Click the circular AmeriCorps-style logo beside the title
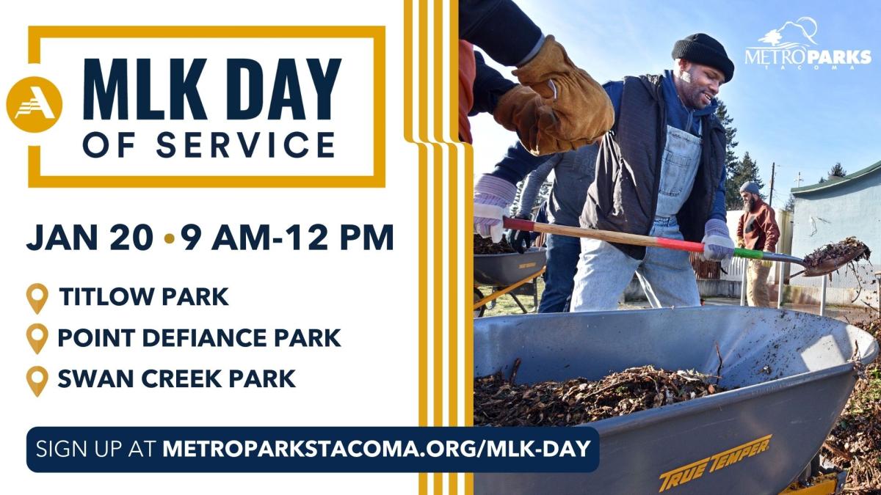[x=34, y=104]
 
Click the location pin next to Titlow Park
[x=37, y=298]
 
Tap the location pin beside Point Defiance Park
[x=37, y=339]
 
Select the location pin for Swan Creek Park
[x=37, y=380]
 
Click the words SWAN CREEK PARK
[x=176, y=378]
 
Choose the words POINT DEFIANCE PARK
[x=199, y=338]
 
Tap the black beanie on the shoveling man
[x=703, y=54]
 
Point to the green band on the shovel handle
[x=747, y=254]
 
